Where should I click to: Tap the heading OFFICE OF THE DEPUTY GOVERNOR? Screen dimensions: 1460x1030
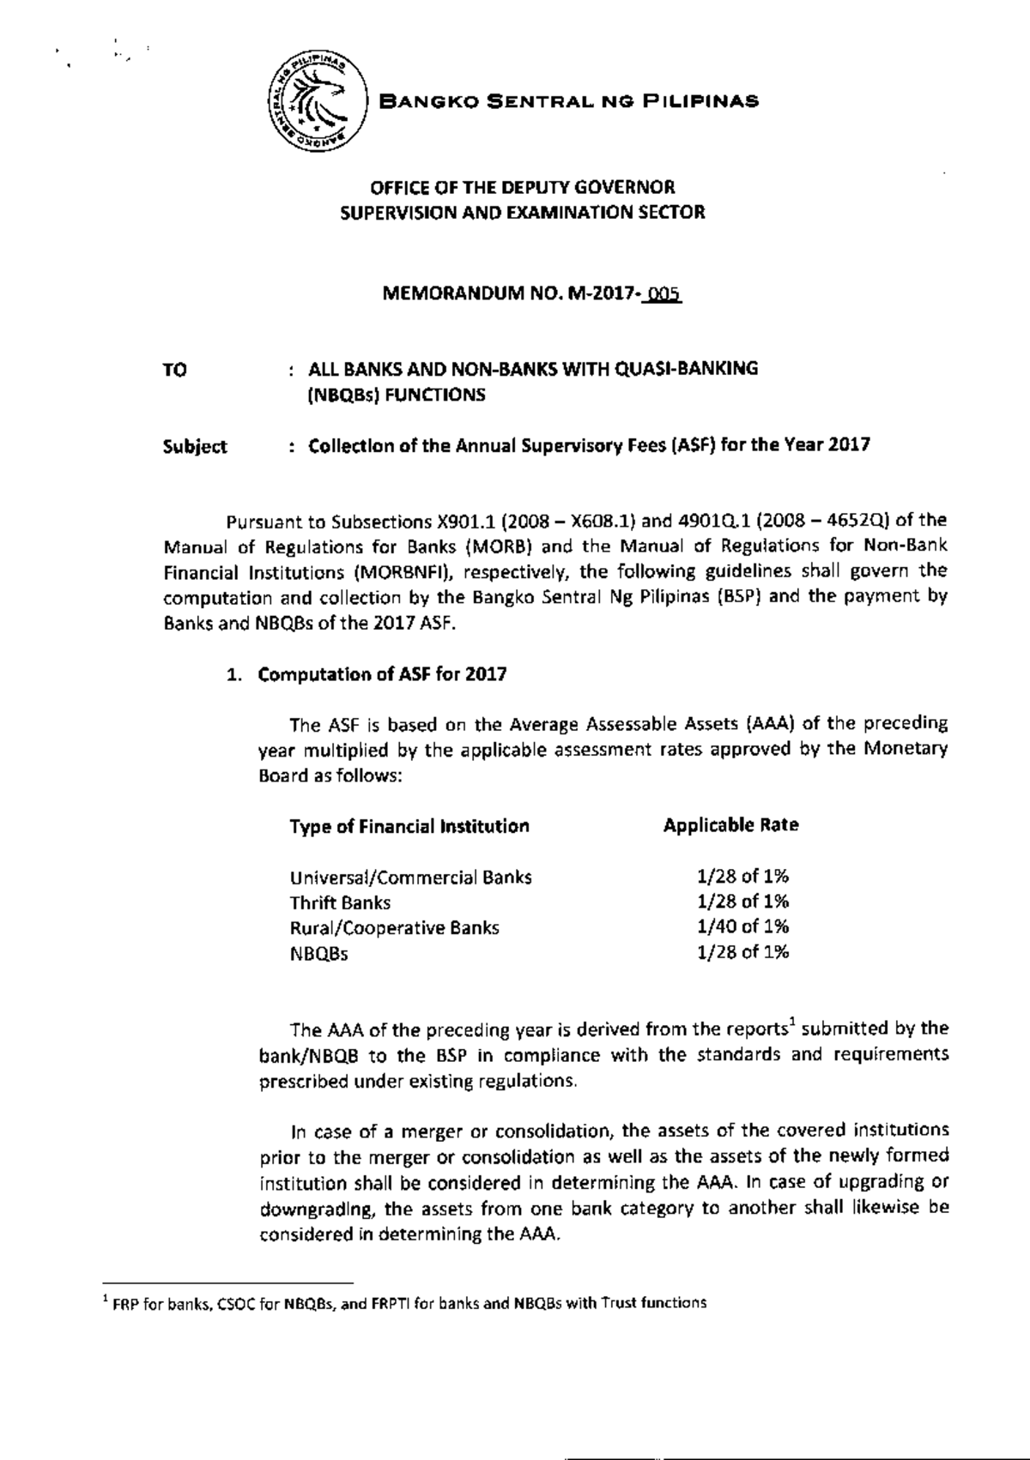522,186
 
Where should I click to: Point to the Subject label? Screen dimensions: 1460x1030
195,446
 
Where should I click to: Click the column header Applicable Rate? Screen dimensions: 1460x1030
730,825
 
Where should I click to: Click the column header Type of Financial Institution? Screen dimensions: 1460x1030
409,827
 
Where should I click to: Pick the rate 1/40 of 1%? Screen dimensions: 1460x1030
742,926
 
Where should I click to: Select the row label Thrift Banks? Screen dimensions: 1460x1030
340,902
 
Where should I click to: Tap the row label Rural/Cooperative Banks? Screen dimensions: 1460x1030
394,928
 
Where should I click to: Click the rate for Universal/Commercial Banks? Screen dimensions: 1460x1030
742,876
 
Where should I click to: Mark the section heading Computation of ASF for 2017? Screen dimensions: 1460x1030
382,674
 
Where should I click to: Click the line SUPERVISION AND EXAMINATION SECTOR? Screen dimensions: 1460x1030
522,213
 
